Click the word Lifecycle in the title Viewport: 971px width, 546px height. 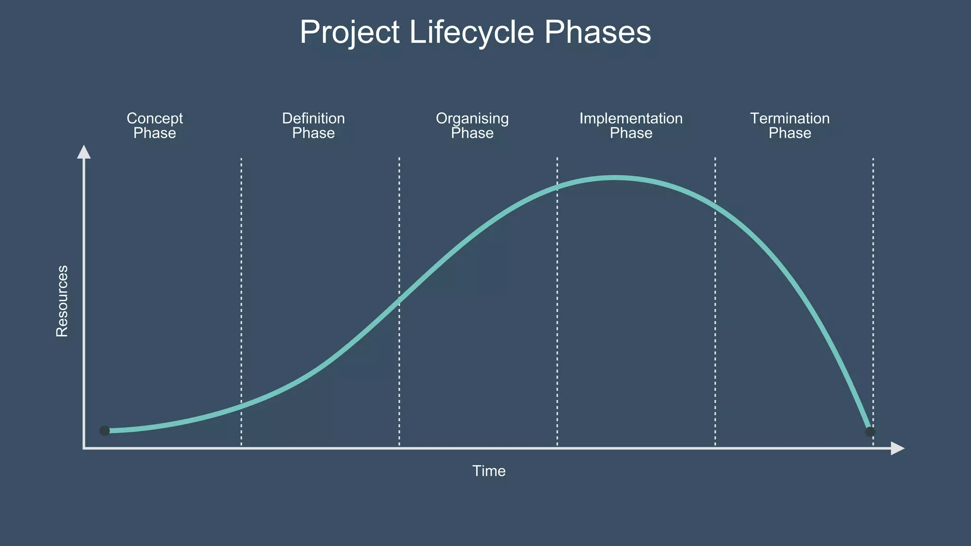(471, 32)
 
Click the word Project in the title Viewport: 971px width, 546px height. (349, 32)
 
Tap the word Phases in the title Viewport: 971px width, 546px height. (597, 32)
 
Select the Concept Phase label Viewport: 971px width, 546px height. (155, 126)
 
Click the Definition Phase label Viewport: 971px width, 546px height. (313, 126)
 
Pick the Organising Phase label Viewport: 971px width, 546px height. (472, 126)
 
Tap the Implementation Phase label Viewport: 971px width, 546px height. (631, 126)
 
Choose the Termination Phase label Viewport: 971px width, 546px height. (790, 126)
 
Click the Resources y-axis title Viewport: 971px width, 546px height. (62, 301)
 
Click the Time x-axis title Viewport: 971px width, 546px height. (489, 471)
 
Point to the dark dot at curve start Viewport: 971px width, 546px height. (105, 430)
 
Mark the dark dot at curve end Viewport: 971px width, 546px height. (870, 432)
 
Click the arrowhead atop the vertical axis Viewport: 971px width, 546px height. (84, 152)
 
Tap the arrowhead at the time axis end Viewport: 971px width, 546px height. (897, 448)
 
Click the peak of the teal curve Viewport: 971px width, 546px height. (614, 178)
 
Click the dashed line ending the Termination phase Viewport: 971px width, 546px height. (873, 284)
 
